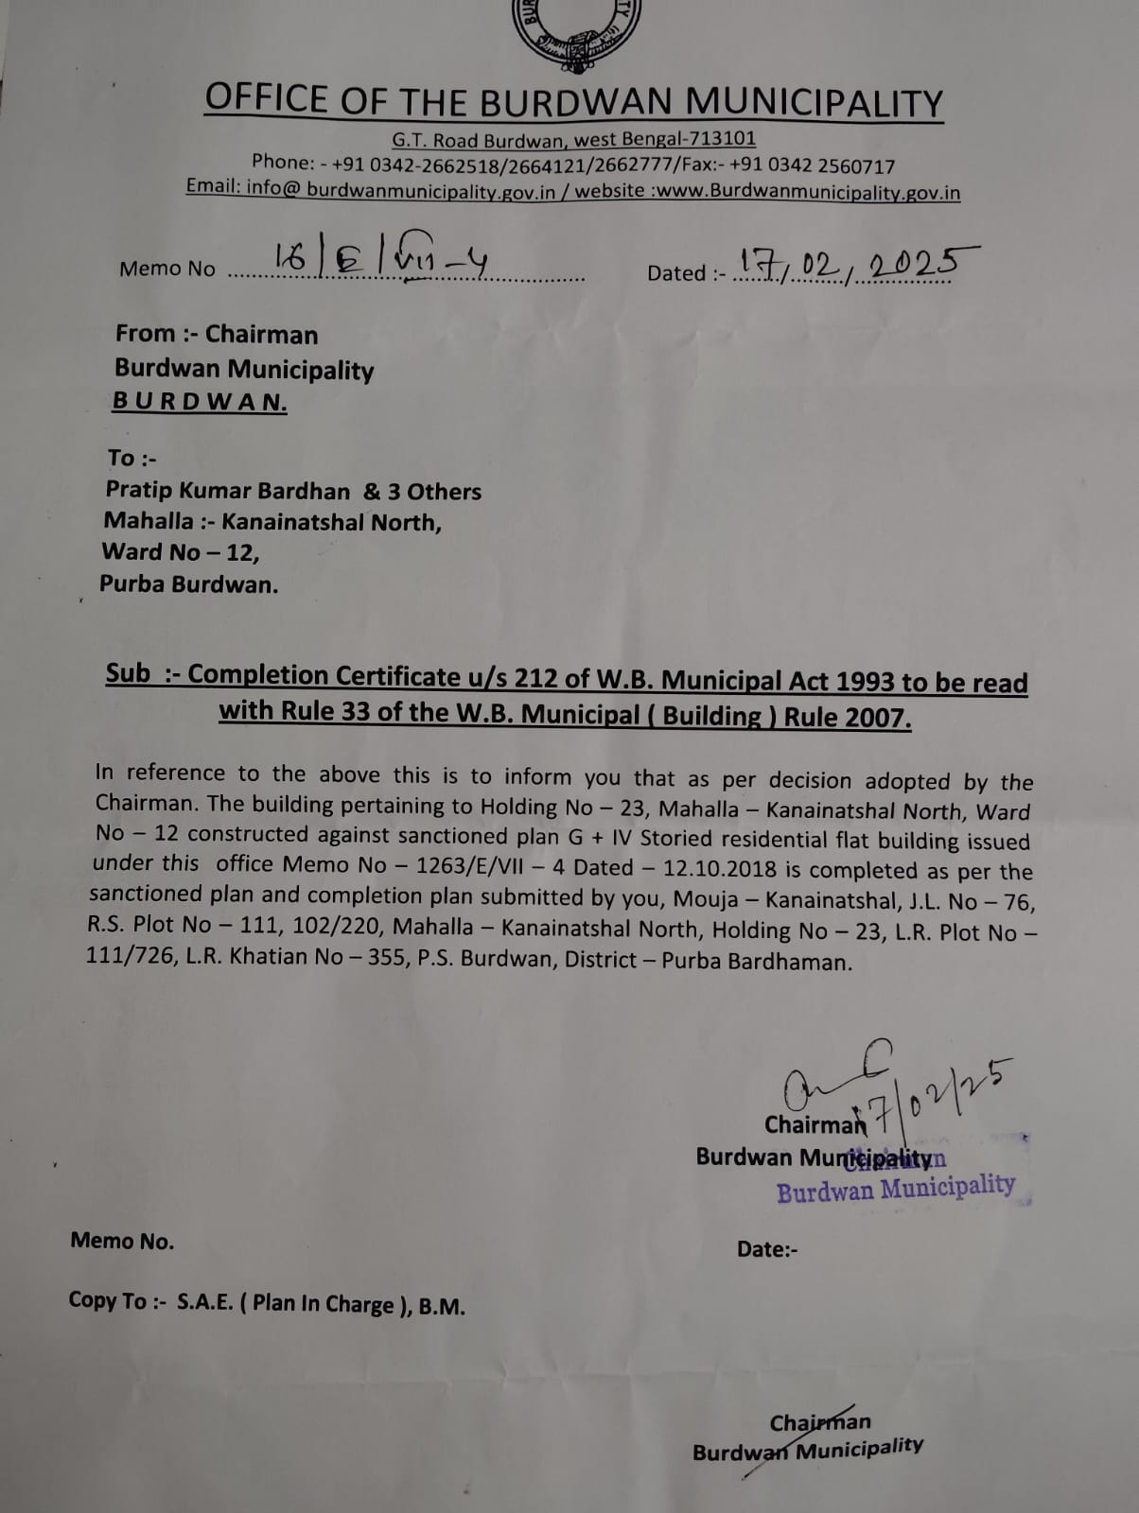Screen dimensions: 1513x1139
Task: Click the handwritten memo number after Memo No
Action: point(378,260)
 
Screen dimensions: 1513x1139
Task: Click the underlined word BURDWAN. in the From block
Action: point(200,402)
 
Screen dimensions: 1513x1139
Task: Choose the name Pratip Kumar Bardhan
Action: point(227,491)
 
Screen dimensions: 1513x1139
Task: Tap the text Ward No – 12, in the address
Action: point(180,552)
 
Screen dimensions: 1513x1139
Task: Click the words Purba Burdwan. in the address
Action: point(189,584)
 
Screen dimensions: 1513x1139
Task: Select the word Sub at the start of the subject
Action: point(128,673)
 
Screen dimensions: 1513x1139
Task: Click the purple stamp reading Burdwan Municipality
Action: point(896,1188)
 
